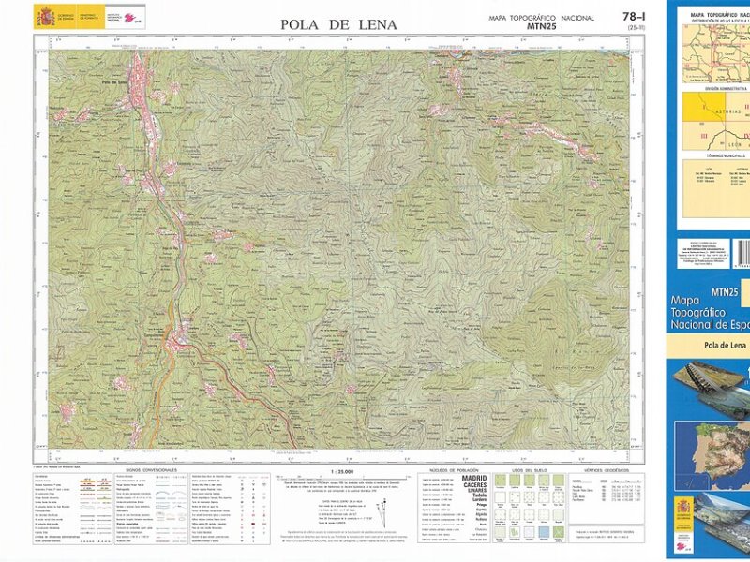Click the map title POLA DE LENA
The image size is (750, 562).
[x=338, y=25]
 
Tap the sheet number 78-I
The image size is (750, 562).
[x=633, y=16]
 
